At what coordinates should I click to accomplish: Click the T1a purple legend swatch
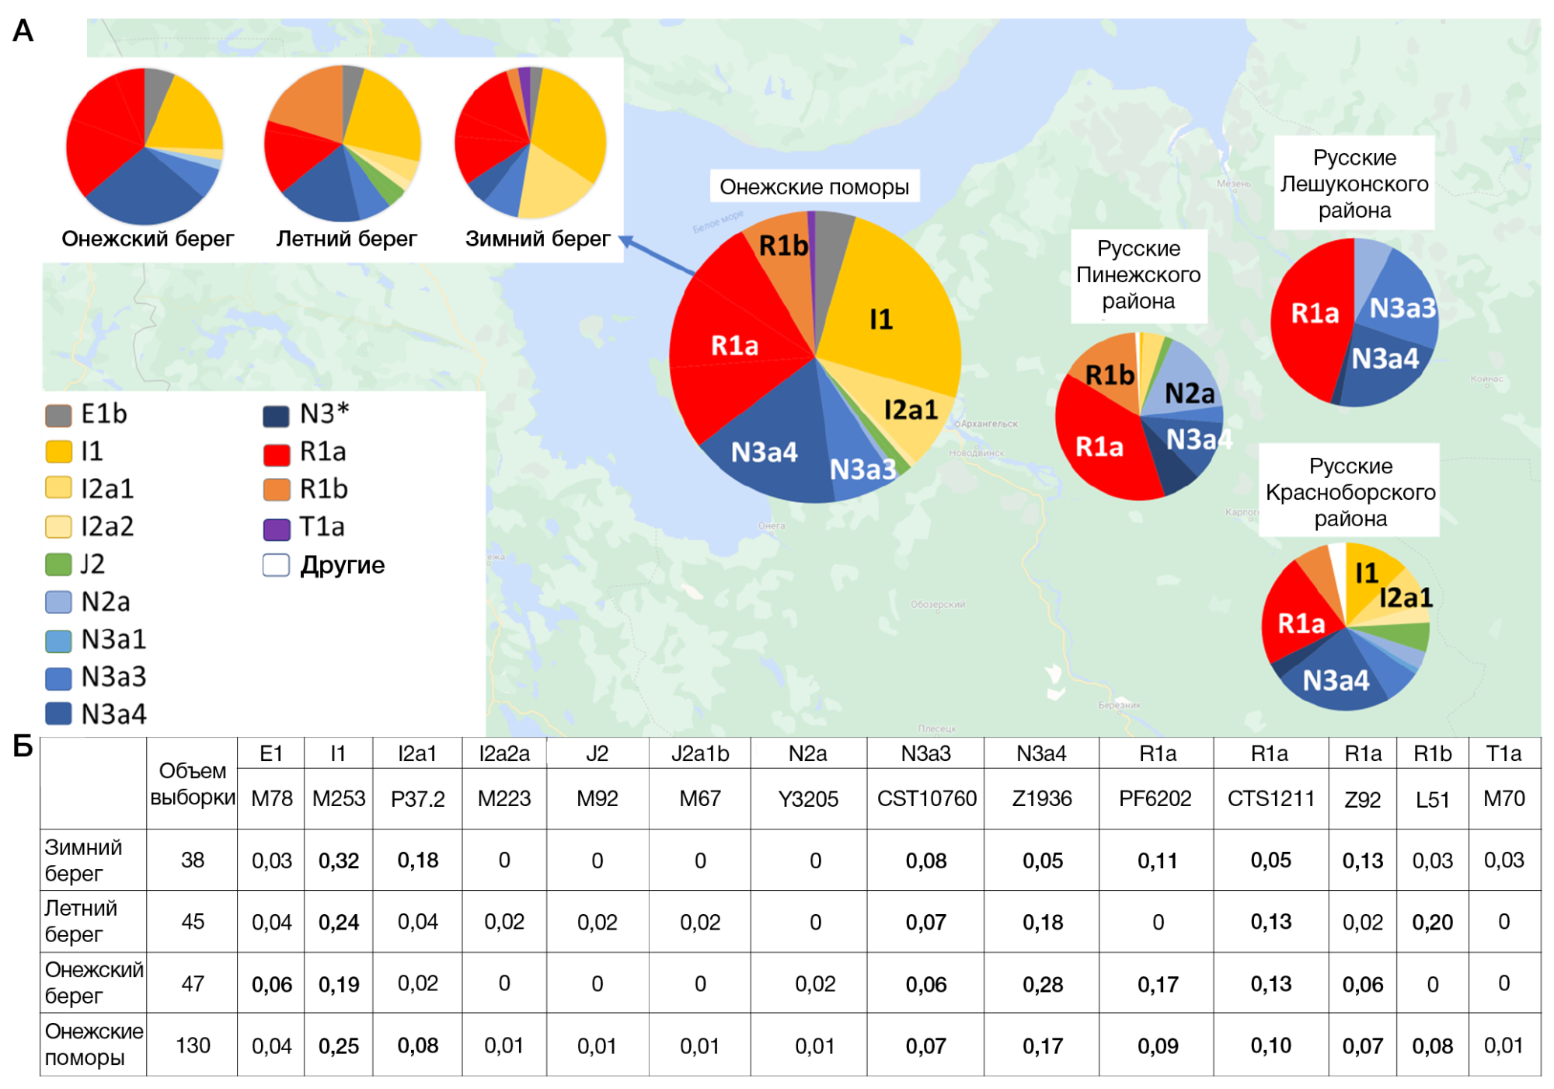pyautogui.click(x=277, y=529)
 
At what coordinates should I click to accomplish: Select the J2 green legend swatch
pyautogui.click(x=58, y=564)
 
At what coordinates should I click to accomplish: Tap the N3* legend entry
pyautogui.click(x=306, y=414)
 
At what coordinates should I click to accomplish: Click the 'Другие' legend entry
pyautogui.click(x=326, y=565)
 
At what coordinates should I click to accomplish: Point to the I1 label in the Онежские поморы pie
pyautogui.click(x=880, y=319)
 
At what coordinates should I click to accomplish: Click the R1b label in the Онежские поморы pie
pyautogui.click(x=783, y=246)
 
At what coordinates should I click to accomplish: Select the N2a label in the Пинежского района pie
pyautogui.click(x=1189, y=393)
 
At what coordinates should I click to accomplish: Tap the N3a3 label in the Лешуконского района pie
pyautogui.click(x=1402, y=309)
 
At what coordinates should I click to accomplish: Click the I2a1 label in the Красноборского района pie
pyautogui.click(x=1406, y=598)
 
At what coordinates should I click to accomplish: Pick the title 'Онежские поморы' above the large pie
pyautogui.click(x=814, y=187)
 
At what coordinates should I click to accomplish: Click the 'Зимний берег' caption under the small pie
pyautogui.click(x=538, y=239)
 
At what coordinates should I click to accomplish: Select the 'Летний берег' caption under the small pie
pyautogui.click(x=347, y=239)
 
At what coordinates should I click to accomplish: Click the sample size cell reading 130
pyautogui.click(x=193, y=1045)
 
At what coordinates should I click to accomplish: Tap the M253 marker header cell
pyautogui.click(x=338, y=799)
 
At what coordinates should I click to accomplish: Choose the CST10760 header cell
pyautogui.click(x=926, y=799)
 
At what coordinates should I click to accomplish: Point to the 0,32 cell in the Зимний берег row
pyautogui.click(x=339, y=860)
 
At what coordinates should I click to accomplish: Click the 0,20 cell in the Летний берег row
pyautogui.click(x=1432, y=922)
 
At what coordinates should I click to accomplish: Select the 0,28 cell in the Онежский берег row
pyautogui.click(x=1042, y=984)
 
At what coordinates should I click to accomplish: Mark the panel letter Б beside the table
pyautogui.click(x=23, y=747)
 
